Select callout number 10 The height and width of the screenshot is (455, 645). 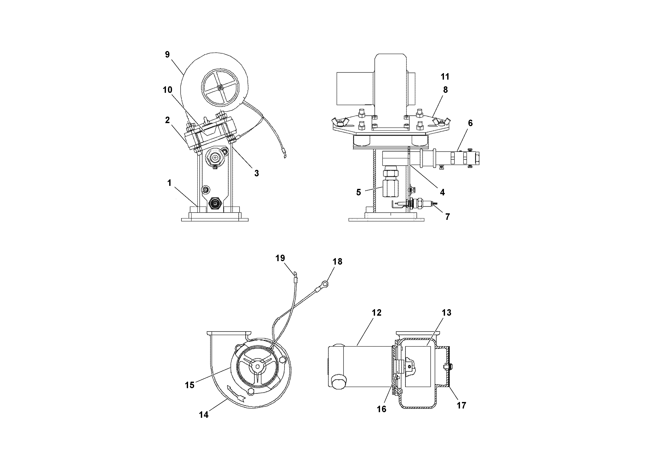[167, 90]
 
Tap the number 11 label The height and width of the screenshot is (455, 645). [445, 76]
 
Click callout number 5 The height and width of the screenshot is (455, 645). [358, 192]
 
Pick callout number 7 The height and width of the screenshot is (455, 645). [447, 217]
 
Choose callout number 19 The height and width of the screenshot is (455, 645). [280, 258]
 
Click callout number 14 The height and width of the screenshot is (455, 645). [204, 415]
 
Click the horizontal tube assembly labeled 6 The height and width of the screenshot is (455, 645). [450, 159]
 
